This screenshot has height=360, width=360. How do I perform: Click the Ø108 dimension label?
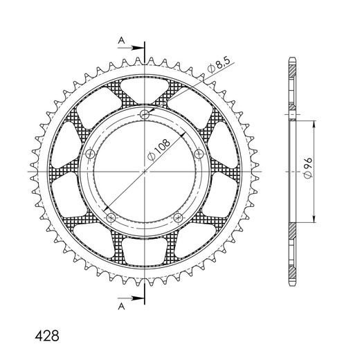tap(159, 150)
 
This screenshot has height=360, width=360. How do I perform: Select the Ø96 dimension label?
tap(308, 168)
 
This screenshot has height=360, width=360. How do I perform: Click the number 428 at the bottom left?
tap(47, 336)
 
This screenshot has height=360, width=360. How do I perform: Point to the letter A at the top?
tap(121, 41)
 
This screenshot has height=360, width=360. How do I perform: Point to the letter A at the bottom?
tap(121, 306)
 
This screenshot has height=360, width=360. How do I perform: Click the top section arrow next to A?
tap(131, 48)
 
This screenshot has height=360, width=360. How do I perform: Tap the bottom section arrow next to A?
tap(131, 298)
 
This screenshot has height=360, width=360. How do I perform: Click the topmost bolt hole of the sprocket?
tap(145, 114)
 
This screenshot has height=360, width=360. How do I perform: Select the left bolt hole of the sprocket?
tap(90, 154)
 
